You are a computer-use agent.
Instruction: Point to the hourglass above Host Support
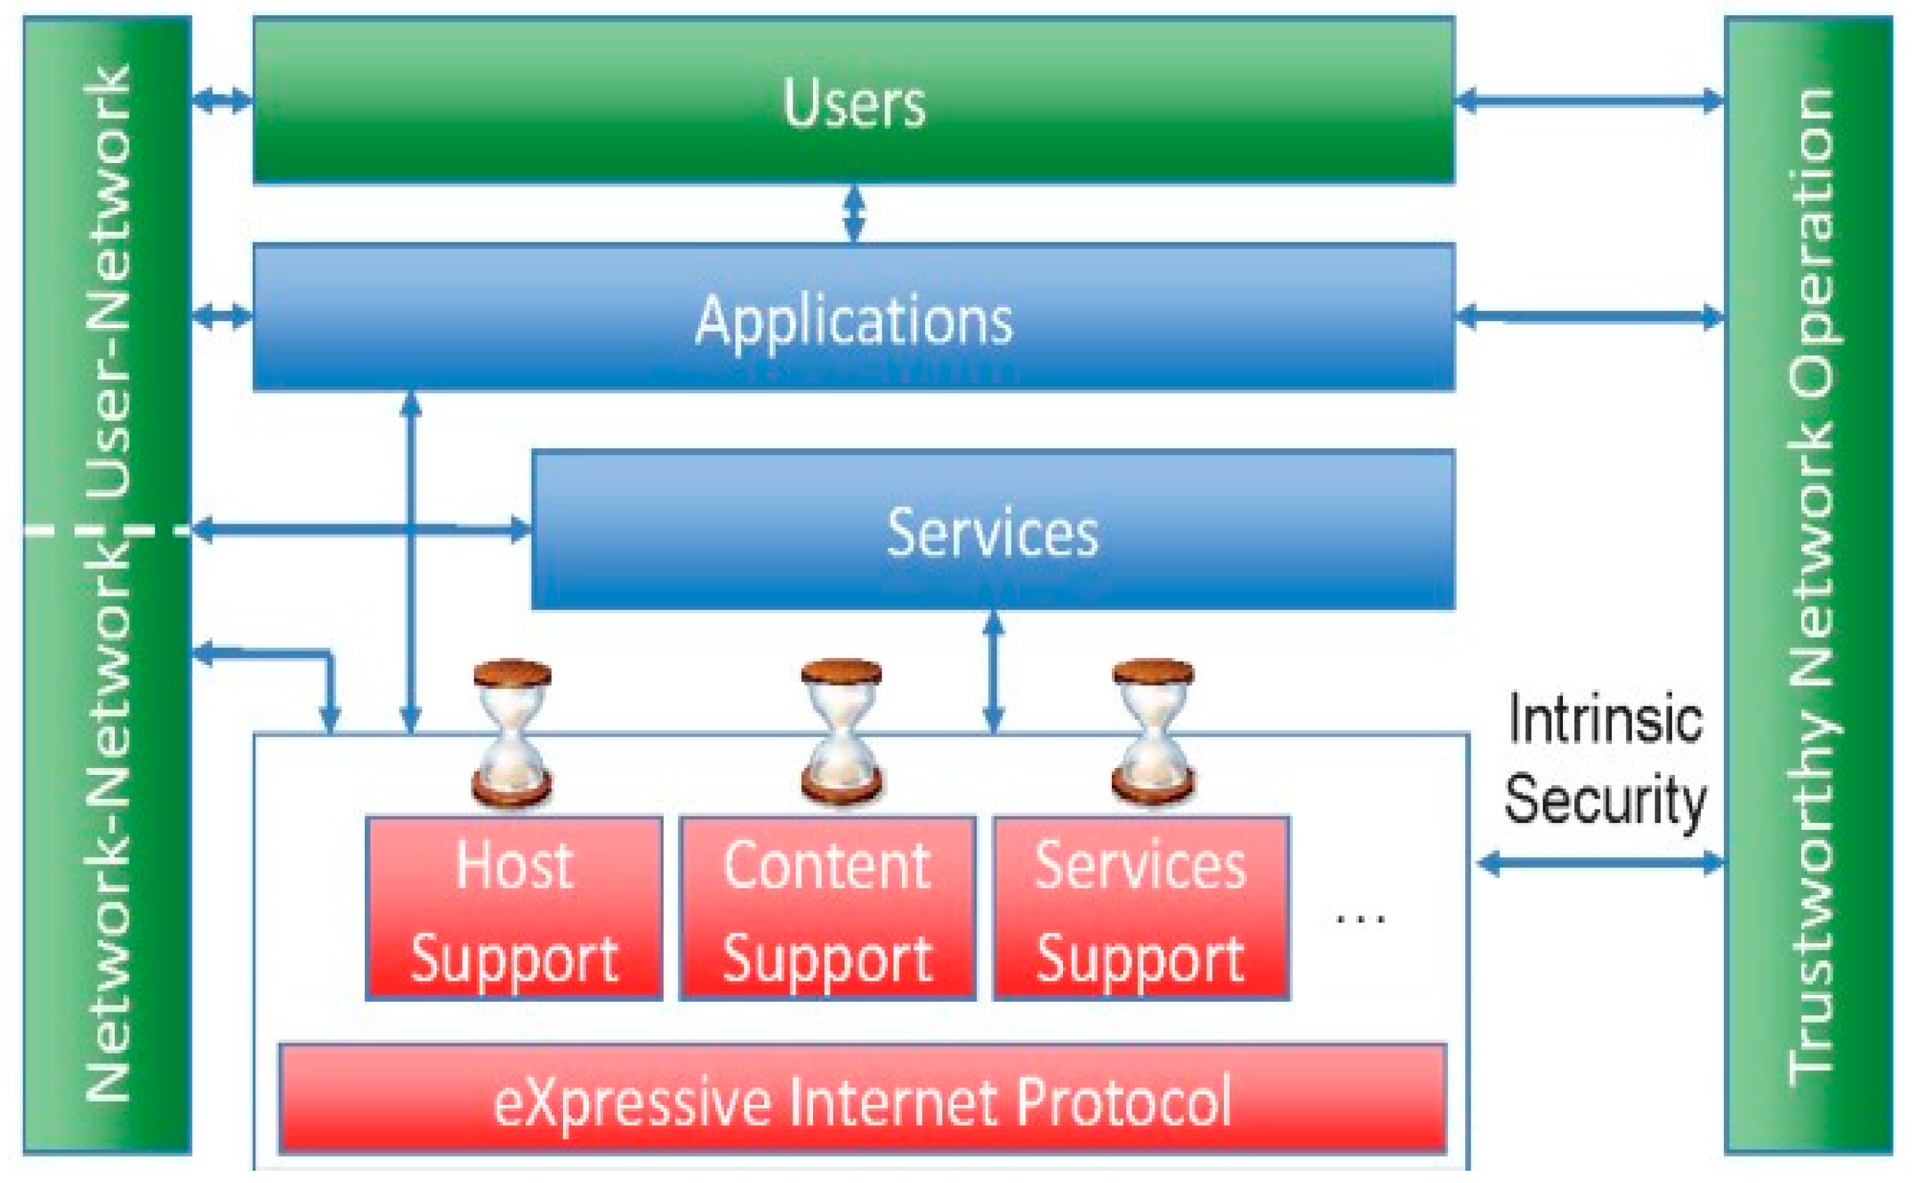coord(512,734)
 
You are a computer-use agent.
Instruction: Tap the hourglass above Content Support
coord(841,734)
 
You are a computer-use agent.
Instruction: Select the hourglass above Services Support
coord(1153,734)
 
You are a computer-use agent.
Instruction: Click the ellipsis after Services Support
coord(1360,920)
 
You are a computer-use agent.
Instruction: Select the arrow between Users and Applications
coord(854,213)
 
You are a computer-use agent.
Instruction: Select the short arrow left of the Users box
coord(222,100)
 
